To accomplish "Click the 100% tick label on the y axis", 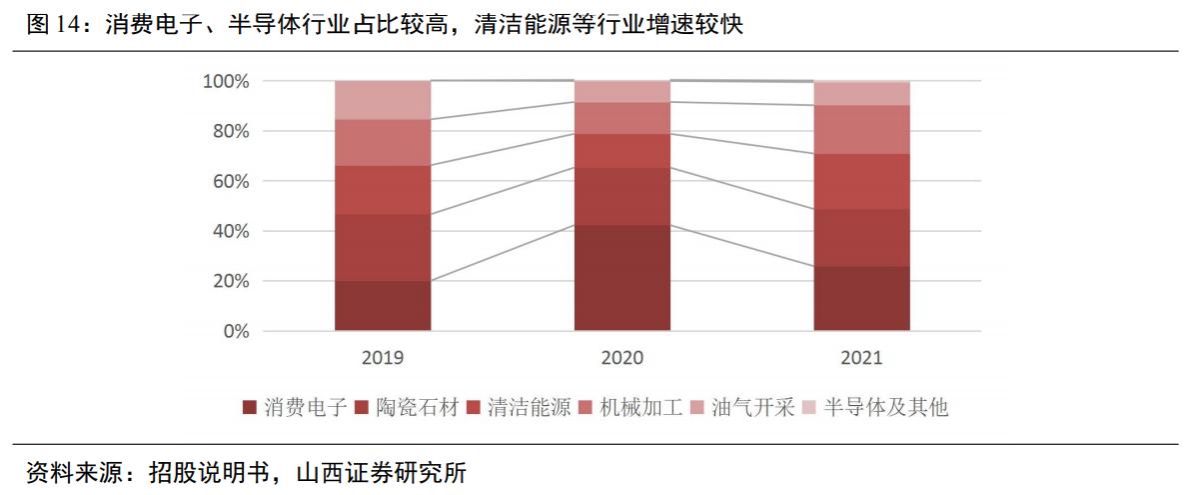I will point(227,81).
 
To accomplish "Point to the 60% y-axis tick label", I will point(231,181).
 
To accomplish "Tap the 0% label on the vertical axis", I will point(236,331).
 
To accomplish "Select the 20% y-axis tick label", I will point(231,281).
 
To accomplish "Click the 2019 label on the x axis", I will point(383,357).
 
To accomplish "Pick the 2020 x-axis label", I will point(622,357).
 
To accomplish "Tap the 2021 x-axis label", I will point(862,357).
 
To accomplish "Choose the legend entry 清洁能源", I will point(529,407).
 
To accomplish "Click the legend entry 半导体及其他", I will point(884,407).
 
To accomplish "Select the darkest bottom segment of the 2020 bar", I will point(622,278).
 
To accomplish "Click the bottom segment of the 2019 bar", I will point(383,306).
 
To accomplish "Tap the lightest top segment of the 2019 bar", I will point(383,100).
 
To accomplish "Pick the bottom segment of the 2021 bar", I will point(862,298).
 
